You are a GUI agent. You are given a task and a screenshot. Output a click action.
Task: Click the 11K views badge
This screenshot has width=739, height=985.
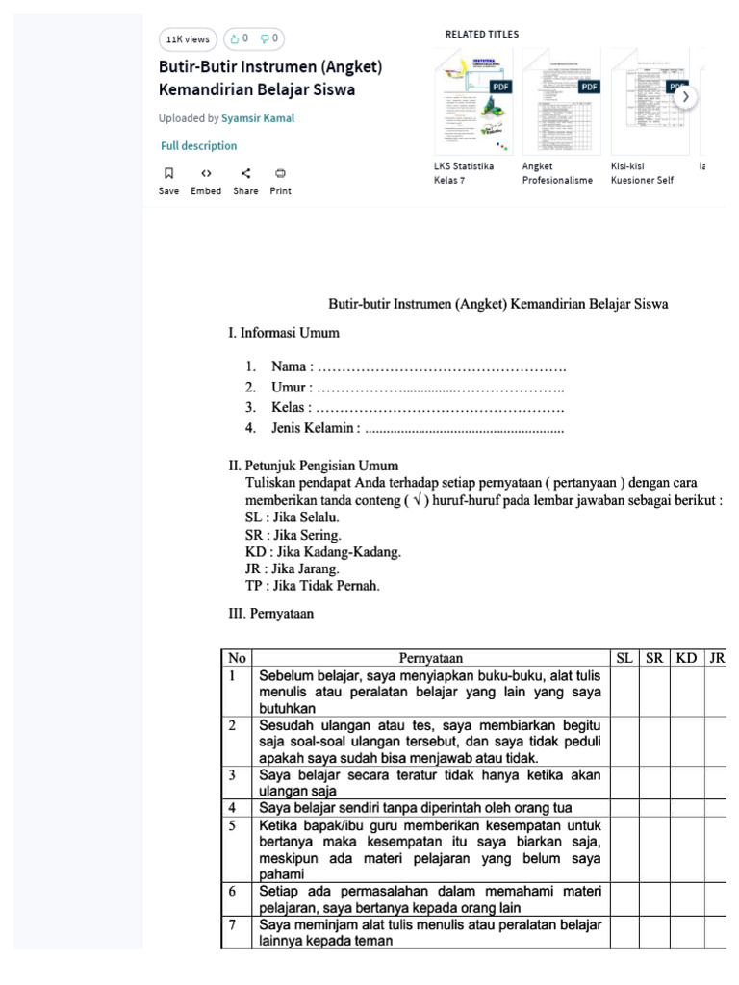click(188, 39)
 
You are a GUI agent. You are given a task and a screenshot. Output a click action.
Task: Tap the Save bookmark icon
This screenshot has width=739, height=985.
click(168, 174)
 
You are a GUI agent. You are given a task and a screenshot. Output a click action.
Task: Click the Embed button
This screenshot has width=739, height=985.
click(206, 174)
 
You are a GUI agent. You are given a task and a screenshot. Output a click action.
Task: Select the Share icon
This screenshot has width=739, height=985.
click(245, 174)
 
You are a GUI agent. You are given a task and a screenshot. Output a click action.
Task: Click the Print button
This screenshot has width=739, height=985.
click(280, 174)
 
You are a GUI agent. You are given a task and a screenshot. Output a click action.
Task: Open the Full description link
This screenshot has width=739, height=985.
click(198, 146)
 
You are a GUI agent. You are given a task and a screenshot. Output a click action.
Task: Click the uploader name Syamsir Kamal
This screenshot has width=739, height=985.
click(258, 118)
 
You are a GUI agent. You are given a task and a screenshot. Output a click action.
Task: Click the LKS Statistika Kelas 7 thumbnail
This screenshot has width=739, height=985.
click(473, 101)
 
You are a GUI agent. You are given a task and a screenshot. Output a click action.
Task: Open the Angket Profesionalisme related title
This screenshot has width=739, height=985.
click(557, 173)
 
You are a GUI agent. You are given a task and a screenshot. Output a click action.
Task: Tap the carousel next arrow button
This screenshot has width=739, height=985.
click(685, 97)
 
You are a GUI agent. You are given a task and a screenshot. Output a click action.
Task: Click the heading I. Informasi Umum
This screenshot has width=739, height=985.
click(283, 333)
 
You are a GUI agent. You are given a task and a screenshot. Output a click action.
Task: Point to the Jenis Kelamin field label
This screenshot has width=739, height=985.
click(315, 428)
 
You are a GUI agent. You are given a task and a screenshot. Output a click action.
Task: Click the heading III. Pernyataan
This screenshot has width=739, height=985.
click(270, 614)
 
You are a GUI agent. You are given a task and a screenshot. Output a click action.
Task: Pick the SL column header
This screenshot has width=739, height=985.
click(624, 659)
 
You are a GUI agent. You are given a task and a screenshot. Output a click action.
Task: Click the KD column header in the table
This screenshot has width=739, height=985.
click(686, 659)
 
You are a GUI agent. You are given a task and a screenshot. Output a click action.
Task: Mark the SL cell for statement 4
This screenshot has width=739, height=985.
click(624, 808)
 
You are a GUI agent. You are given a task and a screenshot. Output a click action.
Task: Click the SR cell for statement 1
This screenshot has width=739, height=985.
click(654, 692)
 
